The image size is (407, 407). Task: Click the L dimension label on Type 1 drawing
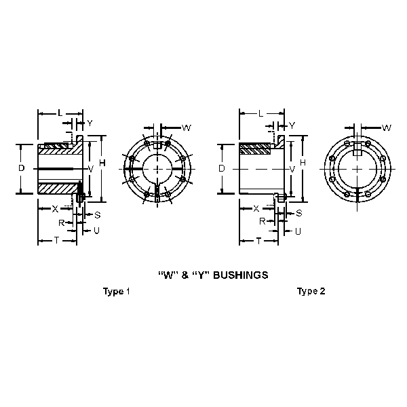(60, 112)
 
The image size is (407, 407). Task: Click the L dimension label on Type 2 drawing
(260, 112)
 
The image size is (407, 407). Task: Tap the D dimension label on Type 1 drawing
(21, 168)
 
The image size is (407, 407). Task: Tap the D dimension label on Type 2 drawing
(222, 168)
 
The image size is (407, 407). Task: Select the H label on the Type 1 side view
(101, 163)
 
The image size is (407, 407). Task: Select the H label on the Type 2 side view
(303, 163)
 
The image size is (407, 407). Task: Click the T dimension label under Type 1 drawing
(56, 241)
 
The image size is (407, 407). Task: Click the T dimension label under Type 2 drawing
(258, 241)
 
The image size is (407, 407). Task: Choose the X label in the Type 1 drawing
(55, 209)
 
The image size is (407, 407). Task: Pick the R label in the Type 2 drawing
(262, 221)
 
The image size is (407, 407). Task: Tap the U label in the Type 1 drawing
(97, 231)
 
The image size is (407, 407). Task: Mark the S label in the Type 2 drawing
(299, 213)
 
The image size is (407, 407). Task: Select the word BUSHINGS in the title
(240, 275)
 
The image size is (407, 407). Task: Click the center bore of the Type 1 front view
(156, 168)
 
